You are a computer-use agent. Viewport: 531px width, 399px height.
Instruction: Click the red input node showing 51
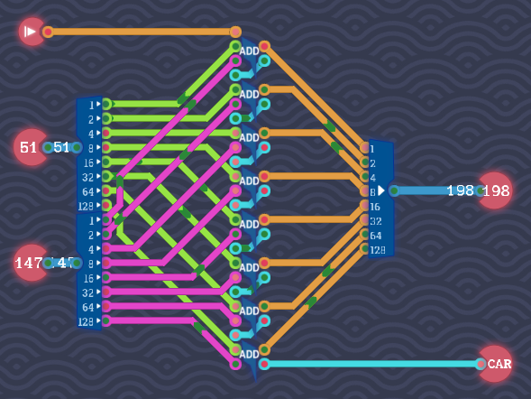[30, 147]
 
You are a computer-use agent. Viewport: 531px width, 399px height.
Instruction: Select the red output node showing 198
[494, 190]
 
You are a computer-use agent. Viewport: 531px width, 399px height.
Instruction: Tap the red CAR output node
[495, 364]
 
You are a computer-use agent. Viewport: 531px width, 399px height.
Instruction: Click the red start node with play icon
[32, 32]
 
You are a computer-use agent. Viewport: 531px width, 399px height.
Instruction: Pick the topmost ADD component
[250, 51]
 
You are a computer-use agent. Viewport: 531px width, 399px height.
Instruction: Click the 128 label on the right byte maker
[378, 249]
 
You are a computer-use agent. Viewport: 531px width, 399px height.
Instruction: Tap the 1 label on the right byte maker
[372, 148]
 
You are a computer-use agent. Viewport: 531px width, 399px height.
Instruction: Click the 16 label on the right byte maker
[375, 206]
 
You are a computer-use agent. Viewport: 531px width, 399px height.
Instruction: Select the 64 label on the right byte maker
[375, 235]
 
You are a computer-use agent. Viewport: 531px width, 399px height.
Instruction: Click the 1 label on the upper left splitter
[91, 105]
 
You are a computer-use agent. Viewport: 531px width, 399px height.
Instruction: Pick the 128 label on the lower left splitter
[87, 321]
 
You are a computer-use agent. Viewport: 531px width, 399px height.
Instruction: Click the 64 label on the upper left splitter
[88, 191]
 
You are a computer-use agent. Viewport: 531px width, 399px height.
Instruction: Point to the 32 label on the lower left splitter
[88, 292]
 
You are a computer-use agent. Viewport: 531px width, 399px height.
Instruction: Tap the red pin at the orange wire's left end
[48, 32]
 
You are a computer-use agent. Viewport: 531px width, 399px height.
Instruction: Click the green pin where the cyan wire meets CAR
[481, 364]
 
